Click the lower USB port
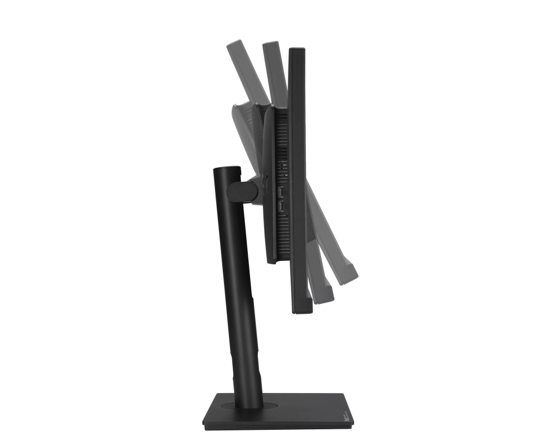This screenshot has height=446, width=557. click(x=281, y=208)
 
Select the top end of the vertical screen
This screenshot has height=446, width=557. click(x=297, y=51)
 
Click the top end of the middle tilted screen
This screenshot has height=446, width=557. click(x=271, y=45)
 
